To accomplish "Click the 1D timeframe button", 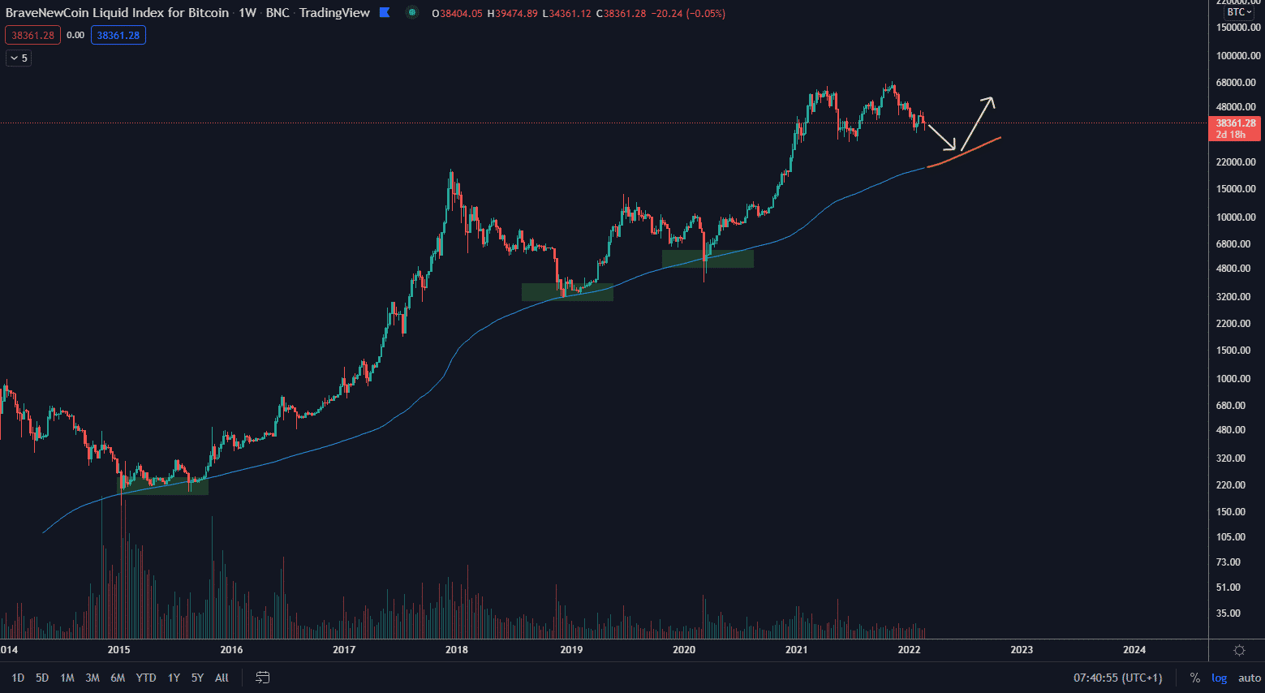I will click(x=18, y=678).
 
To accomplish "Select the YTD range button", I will click(x=146, y=678).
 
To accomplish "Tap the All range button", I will click(x=222, y=678).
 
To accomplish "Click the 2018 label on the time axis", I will click(x=457, y=649).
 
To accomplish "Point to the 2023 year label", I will click(x=1022, y=649).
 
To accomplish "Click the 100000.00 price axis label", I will click(x=1238, y=56).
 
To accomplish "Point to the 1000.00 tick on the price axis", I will click(x=1238, y=379).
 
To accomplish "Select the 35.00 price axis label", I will click(x=1228, y=613).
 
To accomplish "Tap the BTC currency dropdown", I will click(x=1239, y=12).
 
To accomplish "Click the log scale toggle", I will click(x=1219, y=678).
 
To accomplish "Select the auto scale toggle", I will click(x=1250, y=678).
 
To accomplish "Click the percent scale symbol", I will click(x=1194, y=678).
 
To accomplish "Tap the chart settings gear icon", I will click(x=1239, y=650).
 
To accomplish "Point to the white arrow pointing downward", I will click(x=942, y=138).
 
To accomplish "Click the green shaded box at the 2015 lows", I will click(x=163, y=486).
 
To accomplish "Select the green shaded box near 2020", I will click(x=708, y=258).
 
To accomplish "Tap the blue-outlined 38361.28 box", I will click(x=118, y=35).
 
